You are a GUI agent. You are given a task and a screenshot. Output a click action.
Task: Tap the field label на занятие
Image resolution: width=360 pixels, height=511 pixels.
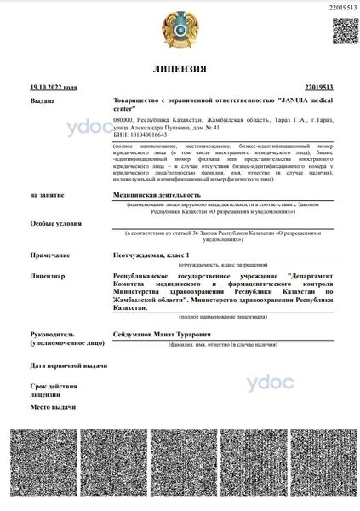click(48, 195)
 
